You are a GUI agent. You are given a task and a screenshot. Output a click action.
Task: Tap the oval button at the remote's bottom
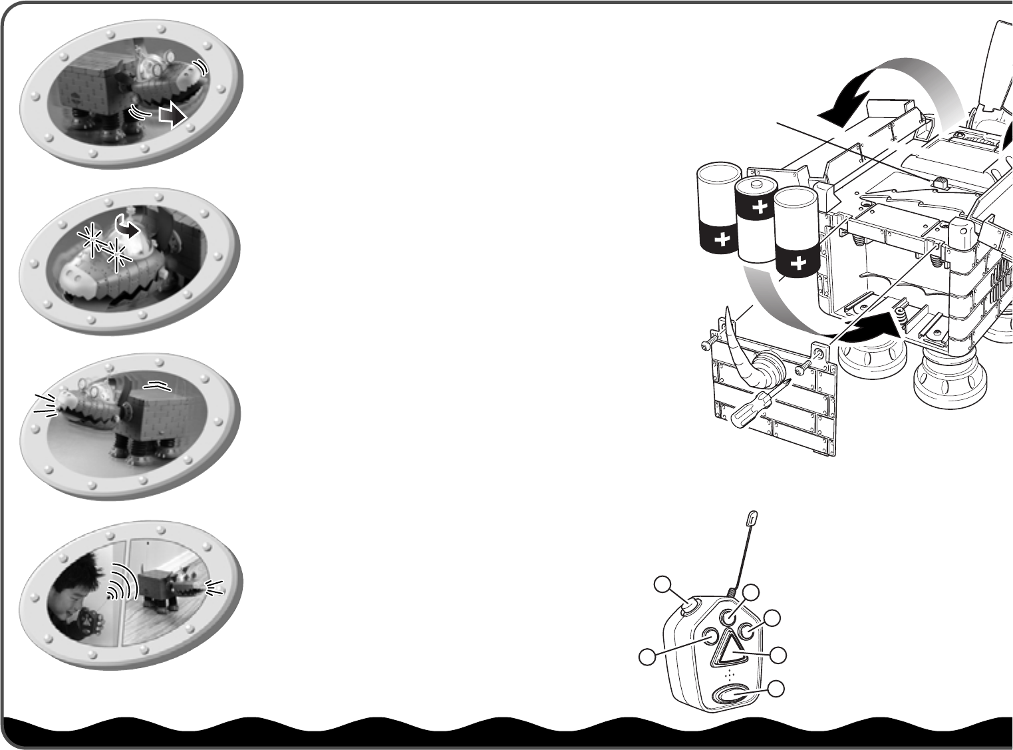729,694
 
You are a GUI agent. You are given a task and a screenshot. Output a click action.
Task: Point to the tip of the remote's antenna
753,517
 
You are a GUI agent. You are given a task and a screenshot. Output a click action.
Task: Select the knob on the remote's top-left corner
690,606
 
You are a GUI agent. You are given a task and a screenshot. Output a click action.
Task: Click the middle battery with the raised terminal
757,220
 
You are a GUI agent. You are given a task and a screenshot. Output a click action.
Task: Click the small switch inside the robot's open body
940,182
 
